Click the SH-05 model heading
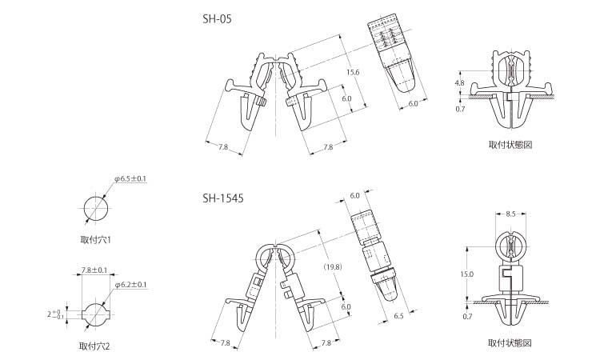[x=217, y=19]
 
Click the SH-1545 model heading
[x=222, y=198]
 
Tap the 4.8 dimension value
[x=459, y=82]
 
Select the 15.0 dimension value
[x=467, y=274]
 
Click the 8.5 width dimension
[x=510, y=214]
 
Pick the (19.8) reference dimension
[x=333, y=267]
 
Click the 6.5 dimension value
[x=398, y=316]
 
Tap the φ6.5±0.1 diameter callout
[x=130, y=178]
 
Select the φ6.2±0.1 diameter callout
[x=130, y=285]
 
